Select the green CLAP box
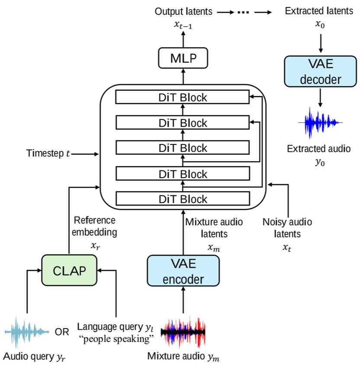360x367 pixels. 69,270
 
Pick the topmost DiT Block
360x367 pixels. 182,97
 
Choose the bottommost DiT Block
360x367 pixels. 182,199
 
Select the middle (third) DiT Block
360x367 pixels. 182,148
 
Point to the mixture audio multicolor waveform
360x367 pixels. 183,332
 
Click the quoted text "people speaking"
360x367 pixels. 116,339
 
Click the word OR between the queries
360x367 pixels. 62,332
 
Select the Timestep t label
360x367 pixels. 48,153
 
